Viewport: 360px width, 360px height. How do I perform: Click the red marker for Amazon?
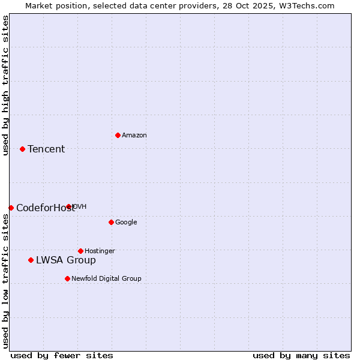tap(118, 135)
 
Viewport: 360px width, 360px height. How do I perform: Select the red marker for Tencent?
tap(22, 149)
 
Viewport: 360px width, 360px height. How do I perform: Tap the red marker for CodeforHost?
tap(11, 208)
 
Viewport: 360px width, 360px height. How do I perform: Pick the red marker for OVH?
tap(69, 206)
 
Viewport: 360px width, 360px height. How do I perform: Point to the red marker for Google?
tap(111, 222)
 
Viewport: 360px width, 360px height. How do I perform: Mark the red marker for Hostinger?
tap(80, 251)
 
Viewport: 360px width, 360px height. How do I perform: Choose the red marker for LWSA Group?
tap(31, 260)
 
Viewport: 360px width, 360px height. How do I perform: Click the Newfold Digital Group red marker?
tap(67, 278)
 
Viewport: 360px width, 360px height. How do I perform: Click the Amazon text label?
tap(134, 136)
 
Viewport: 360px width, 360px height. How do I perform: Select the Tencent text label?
tap(46, 149)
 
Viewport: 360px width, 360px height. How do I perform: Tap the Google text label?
tap(126, 223)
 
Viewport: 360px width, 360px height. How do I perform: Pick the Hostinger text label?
tap(100, 251)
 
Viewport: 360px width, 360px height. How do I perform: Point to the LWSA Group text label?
tap(66, 260)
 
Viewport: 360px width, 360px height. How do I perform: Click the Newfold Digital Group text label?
tap(106, 279)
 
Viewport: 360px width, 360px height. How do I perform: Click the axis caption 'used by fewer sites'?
tap(62, 355)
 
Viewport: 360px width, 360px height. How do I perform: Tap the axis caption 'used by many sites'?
tap(301, 355)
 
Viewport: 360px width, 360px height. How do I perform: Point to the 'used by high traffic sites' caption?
tap(5, 85)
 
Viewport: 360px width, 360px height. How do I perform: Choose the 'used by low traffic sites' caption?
tap(5, 280)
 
